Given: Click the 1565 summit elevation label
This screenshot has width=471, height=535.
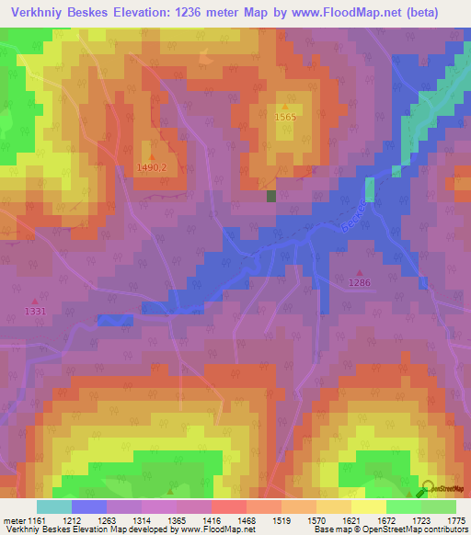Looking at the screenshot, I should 285,118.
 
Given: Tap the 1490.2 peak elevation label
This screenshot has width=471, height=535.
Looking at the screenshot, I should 152,167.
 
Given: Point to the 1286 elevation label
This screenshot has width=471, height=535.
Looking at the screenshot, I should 359,283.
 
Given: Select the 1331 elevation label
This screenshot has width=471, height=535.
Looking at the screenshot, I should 36,312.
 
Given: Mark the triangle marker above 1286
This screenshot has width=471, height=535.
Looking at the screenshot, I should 359,272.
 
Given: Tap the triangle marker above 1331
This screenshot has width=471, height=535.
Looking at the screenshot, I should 36,301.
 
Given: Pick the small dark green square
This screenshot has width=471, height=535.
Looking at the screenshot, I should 271,196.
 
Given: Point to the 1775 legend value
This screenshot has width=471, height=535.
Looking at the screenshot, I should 456,521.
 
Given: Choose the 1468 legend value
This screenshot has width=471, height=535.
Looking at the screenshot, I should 247,521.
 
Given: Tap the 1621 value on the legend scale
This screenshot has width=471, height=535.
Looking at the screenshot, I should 351,521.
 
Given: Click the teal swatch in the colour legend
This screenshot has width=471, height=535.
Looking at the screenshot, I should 54,507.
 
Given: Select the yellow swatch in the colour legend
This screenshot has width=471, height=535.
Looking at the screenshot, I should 369,507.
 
